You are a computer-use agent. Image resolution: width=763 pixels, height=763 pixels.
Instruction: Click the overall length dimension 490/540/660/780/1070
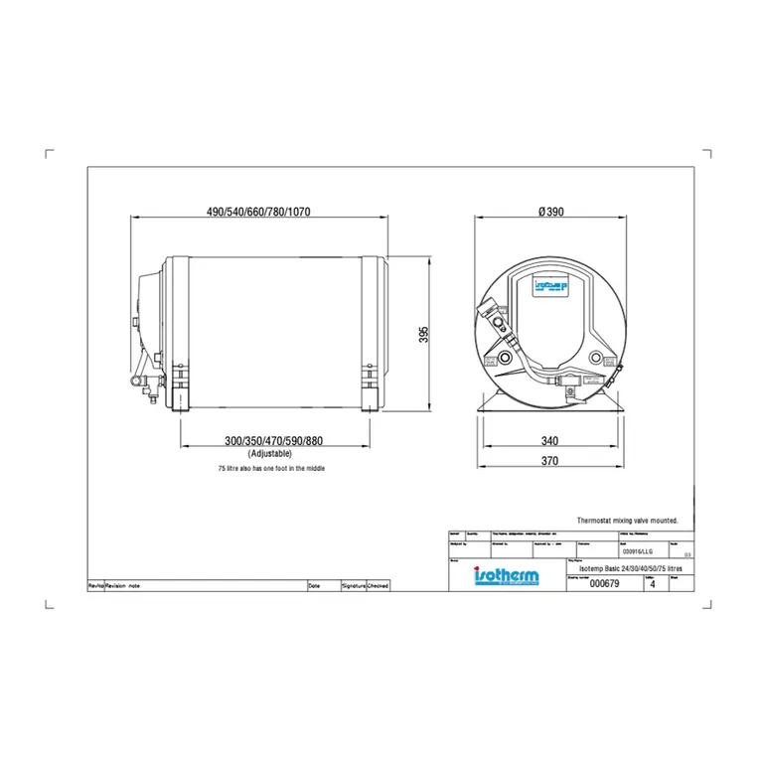[x=260, y=212]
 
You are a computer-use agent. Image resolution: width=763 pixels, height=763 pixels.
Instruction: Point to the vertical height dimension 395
[x=423, y=335]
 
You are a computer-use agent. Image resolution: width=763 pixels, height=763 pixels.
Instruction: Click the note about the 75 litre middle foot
[x=271, y=468]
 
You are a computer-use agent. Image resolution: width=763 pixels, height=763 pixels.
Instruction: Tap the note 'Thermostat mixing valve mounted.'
[x=627, y=520]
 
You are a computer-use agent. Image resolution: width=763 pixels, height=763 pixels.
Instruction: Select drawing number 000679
[x=604, y=585]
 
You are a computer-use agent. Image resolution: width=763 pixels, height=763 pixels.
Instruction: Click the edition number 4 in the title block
[x=652, y=585]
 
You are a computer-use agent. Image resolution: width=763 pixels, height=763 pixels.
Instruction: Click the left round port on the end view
[x=507, y=357]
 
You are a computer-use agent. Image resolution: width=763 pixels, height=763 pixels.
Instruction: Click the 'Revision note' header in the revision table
[x=124, y=586]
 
